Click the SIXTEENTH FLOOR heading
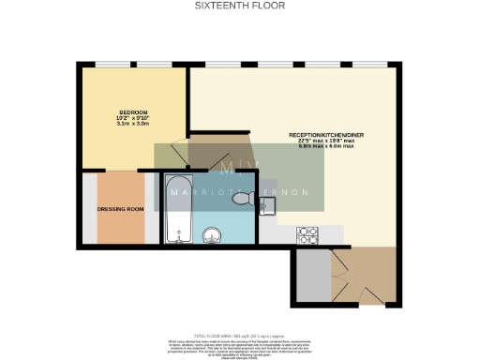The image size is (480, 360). click(x=240, y=6)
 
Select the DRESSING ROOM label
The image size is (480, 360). click(x=121, y=209)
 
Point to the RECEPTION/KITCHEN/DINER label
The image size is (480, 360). click(x=334, y=135)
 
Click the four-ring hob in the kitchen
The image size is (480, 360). click(x=308, y=233)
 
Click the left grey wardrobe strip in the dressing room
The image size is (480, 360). click(x=88, y=207)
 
